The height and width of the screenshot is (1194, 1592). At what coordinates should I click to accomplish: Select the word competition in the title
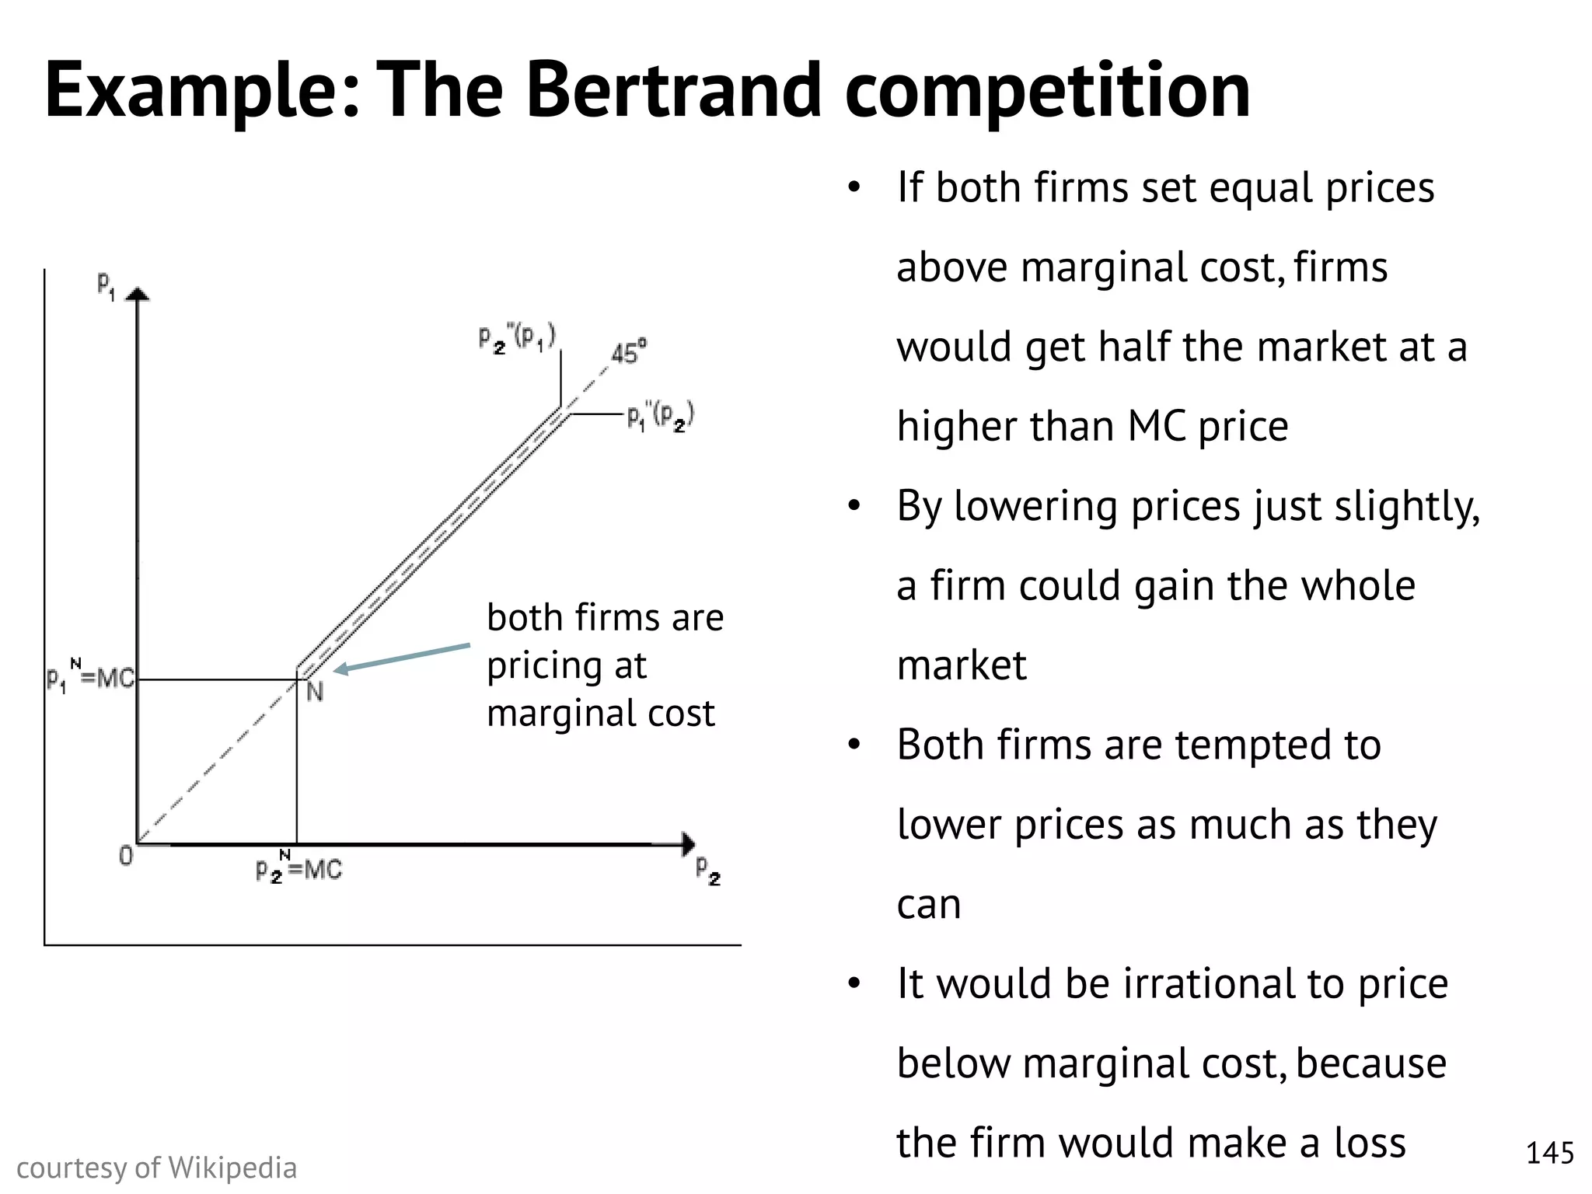point(1047,92)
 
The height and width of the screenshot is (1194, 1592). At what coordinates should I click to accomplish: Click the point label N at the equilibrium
point(315,691)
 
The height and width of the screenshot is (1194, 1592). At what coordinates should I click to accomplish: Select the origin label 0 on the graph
point(126,857)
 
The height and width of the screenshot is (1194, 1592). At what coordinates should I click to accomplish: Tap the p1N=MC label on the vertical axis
point(90,679)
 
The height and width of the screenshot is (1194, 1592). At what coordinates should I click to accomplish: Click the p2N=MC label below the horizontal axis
point(298,868)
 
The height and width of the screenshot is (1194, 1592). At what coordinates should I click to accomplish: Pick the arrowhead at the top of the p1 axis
point(138,294)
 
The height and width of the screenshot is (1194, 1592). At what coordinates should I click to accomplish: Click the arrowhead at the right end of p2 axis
point(688,844)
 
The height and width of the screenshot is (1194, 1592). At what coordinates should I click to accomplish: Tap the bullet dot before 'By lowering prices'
point(855,506)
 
